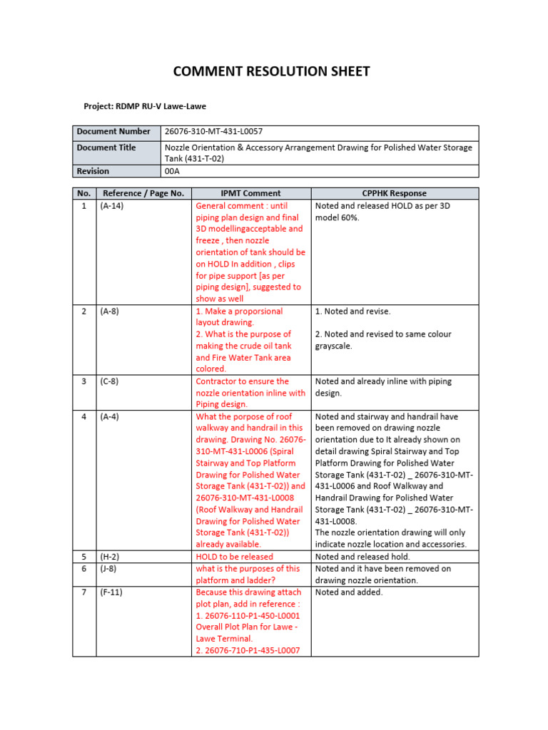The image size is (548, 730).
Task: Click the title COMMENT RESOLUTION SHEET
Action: (x=272, y=71)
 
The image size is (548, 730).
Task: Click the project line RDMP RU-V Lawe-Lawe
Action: (x=145, y=106)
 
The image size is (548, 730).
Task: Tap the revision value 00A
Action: (x=173, y=171)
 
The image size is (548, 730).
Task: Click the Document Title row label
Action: (x=106, y=148)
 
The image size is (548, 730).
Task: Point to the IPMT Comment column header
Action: (x=250, y=193)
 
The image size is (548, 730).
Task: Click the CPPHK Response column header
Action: (x=395, y=193)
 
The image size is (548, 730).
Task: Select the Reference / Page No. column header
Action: (x=143, y=193)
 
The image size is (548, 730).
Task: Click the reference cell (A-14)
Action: (x=112, y=205)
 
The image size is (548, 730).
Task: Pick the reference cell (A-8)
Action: (x=110, y=312)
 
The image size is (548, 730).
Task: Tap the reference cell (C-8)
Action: (x=110, y=381)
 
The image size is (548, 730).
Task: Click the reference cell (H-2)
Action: (x=110, y=557)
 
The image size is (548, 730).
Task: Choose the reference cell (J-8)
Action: (x=109, y=569)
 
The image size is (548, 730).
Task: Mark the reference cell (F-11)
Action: (x=112, y=592)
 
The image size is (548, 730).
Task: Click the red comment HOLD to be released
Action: (x=234, y=557)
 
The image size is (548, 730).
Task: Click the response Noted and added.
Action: (x=349, y=592)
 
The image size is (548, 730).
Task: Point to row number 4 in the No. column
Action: (x=83, y=416)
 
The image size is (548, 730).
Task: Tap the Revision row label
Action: (x=93, y=171)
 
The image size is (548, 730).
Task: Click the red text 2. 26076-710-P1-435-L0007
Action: (x=248, y=650)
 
